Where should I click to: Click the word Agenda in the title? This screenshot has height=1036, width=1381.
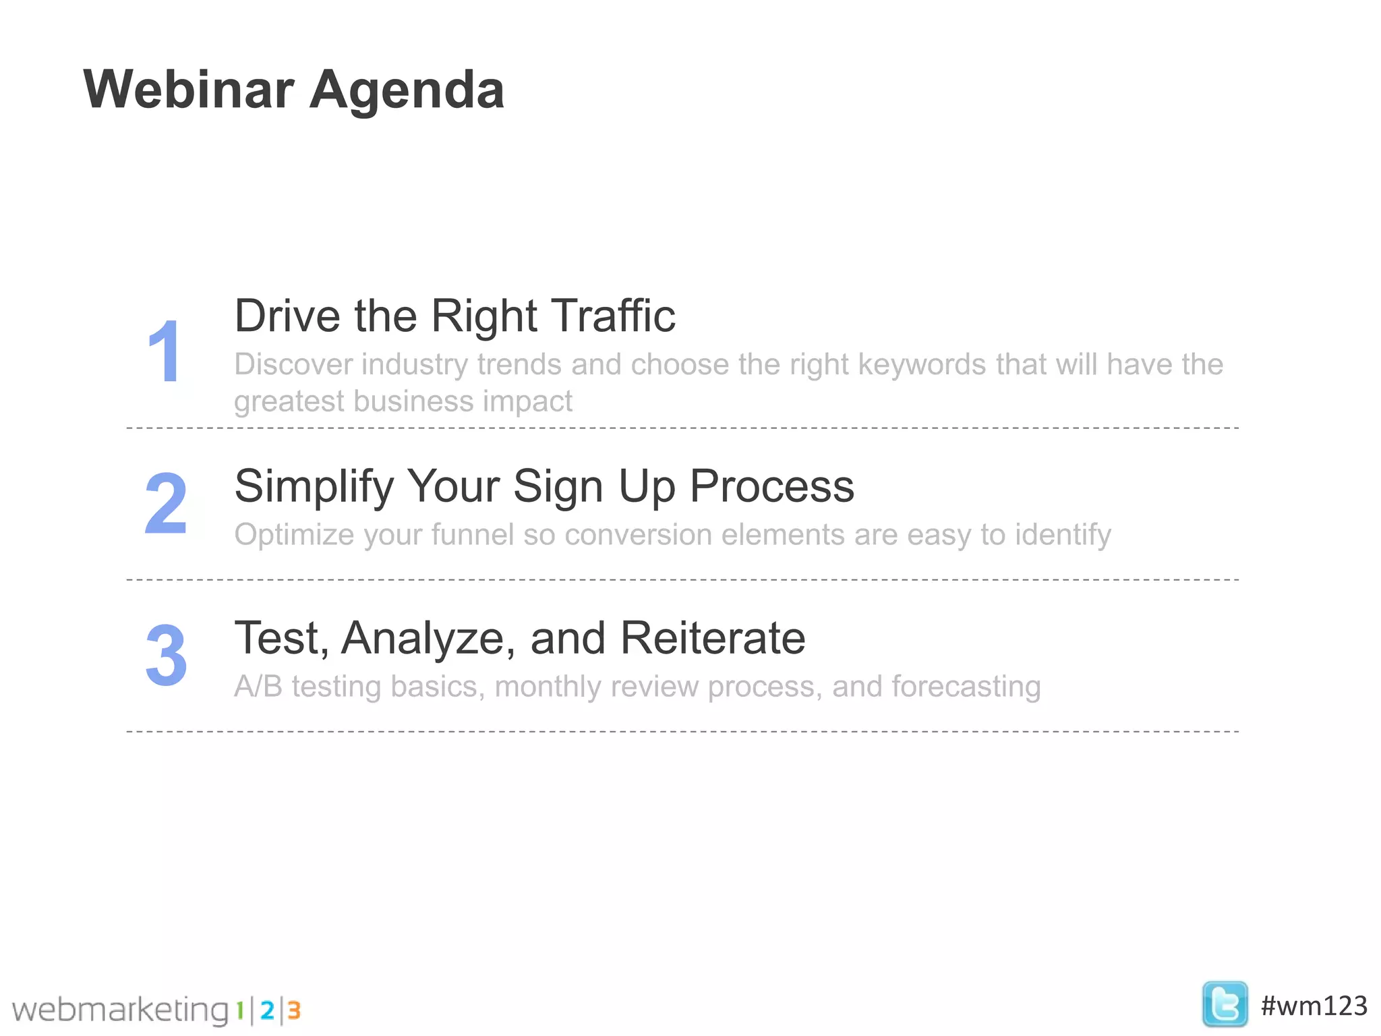[407, 91]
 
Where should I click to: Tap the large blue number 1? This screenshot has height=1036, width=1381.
[164, 352]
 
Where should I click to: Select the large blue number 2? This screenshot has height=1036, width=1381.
[166, 503]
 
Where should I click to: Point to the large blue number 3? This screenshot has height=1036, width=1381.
[166, 655]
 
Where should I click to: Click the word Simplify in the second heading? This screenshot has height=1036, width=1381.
[313, 487]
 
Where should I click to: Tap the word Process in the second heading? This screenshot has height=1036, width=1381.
[771, 486]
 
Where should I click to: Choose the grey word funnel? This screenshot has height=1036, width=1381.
[473, 534]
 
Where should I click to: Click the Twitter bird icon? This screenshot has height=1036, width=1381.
[1225, 1004]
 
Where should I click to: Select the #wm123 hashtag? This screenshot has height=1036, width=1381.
[1314, 1006]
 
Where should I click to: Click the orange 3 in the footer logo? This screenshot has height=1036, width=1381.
[294, 1010]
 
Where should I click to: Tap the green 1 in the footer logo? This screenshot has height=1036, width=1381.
[239, 1010]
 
